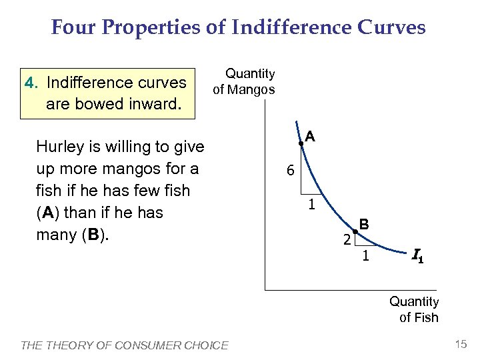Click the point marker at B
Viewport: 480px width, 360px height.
click(355, 231)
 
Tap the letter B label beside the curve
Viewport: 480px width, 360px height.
click(365, 224)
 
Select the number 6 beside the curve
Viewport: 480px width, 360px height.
click(290, 171)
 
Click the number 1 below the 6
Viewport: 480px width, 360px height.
click(311, 205)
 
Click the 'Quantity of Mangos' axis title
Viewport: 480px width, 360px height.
click(243, 81)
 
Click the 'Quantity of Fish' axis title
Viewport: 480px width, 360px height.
click(414, 309)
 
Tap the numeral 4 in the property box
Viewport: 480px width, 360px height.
click(29, 83)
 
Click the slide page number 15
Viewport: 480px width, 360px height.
click(460, 344)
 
